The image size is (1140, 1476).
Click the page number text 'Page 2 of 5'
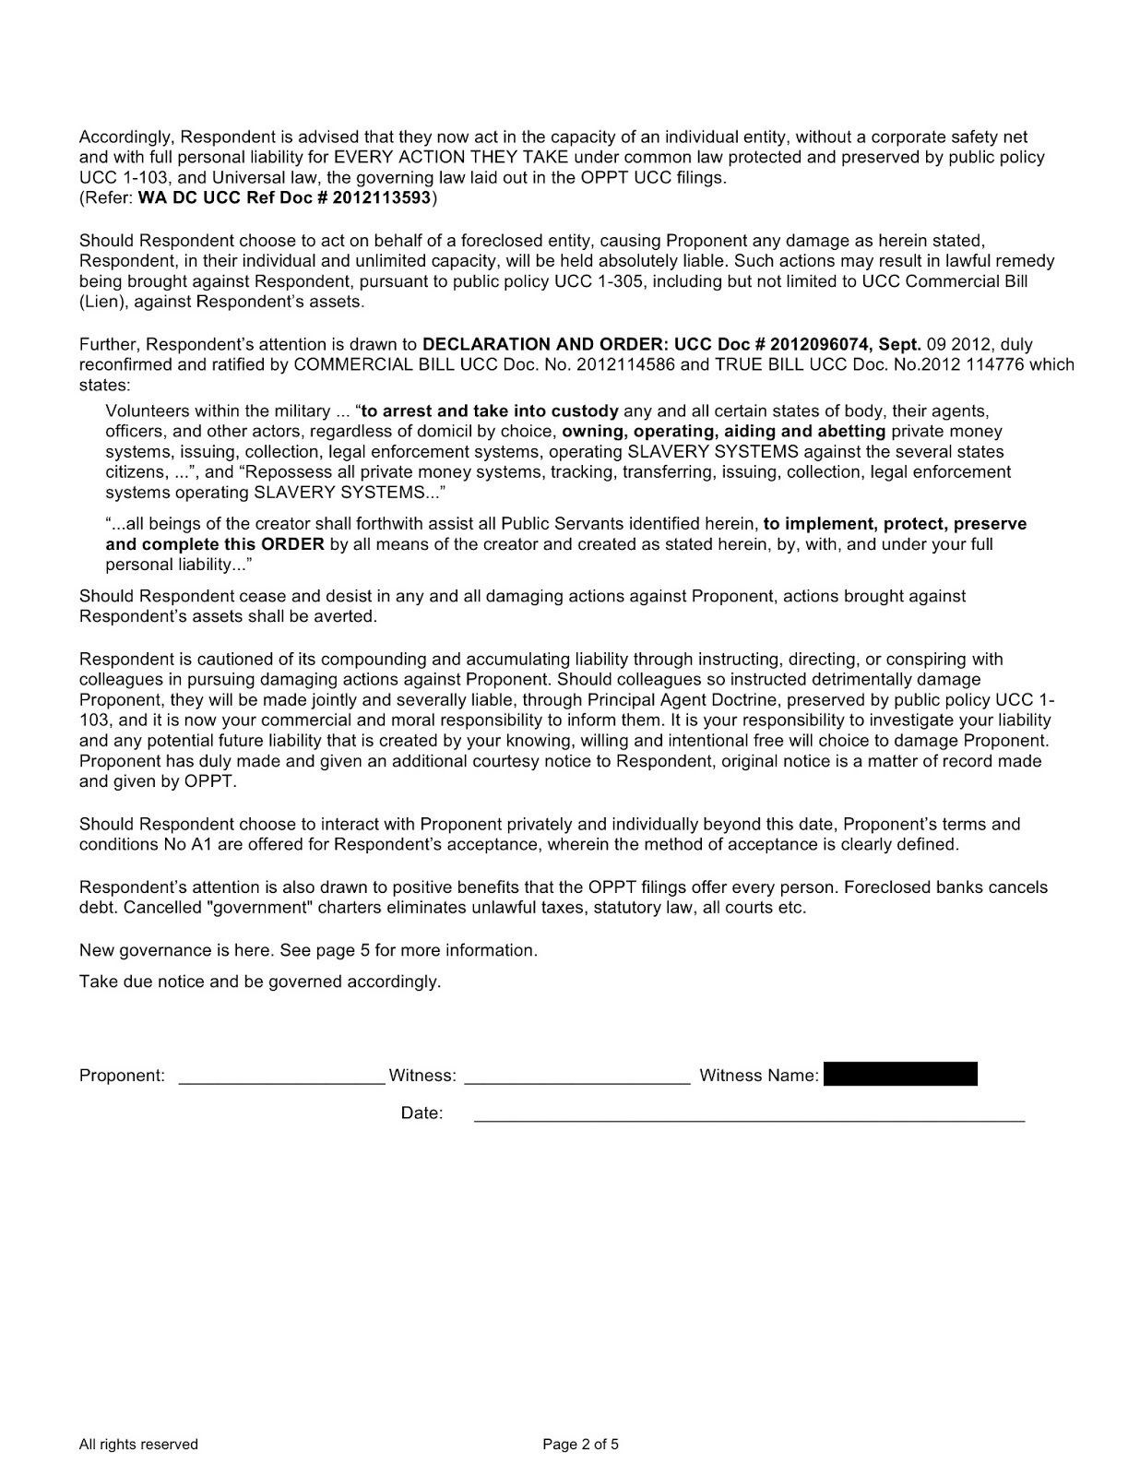tap(580, 1445)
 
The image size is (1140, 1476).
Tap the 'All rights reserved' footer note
tap(138, 1445)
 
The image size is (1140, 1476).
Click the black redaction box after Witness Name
tap(900, 1074)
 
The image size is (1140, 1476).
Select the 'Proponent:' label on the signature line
tap(122, 1076)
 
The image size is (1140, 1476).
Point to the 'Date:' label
tap(422, 1113)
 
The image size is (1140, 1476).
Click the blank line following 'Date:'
tap(749, 1118)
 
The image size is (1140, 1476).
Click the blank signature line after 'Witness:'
tap(577, 1079)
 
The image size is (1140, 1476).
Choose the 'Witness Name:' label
tap(759, 1076)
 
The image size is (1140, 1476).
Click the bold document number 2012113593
tap(380, 198)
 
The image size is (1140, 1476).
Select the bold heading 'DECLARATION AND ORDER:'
tap(540, 344)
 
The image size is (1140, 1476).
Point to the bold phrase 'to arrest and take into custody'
tap(490, 411)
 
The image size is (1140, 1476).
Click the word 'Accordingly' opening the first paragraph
tap(125, 137)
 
